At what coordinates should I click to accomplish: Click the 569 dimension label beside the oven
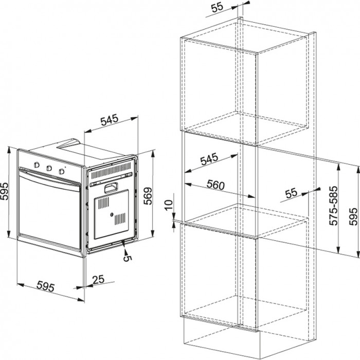148,196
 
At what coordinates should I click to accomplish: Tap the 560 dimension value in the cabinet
215,185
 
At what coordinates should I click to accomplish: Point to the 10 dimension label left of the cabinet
169,205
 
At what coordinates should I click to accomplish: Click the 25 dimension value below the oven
98,279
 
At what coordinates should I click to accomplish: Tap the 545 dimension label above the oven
109,120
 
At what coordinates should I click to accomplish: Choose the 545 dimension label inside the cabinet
209,159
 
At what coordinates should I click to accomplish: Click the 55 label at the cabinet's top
217,7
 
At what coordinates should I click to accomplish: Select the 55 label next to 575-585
291,193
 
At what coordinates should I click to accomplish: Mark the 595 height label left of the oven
4,191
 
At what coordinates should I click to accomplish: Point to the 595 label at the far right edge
353,217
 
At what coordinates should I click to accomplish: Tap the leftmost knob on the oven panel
37,165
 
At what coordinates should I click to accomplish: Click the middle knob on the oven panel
49,168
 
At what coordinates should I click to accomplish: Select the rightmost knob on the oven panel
61,171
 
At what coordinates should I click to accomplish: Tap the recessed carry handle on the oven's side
111,188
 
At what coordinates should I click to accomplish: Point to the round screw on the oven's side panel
112,214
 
